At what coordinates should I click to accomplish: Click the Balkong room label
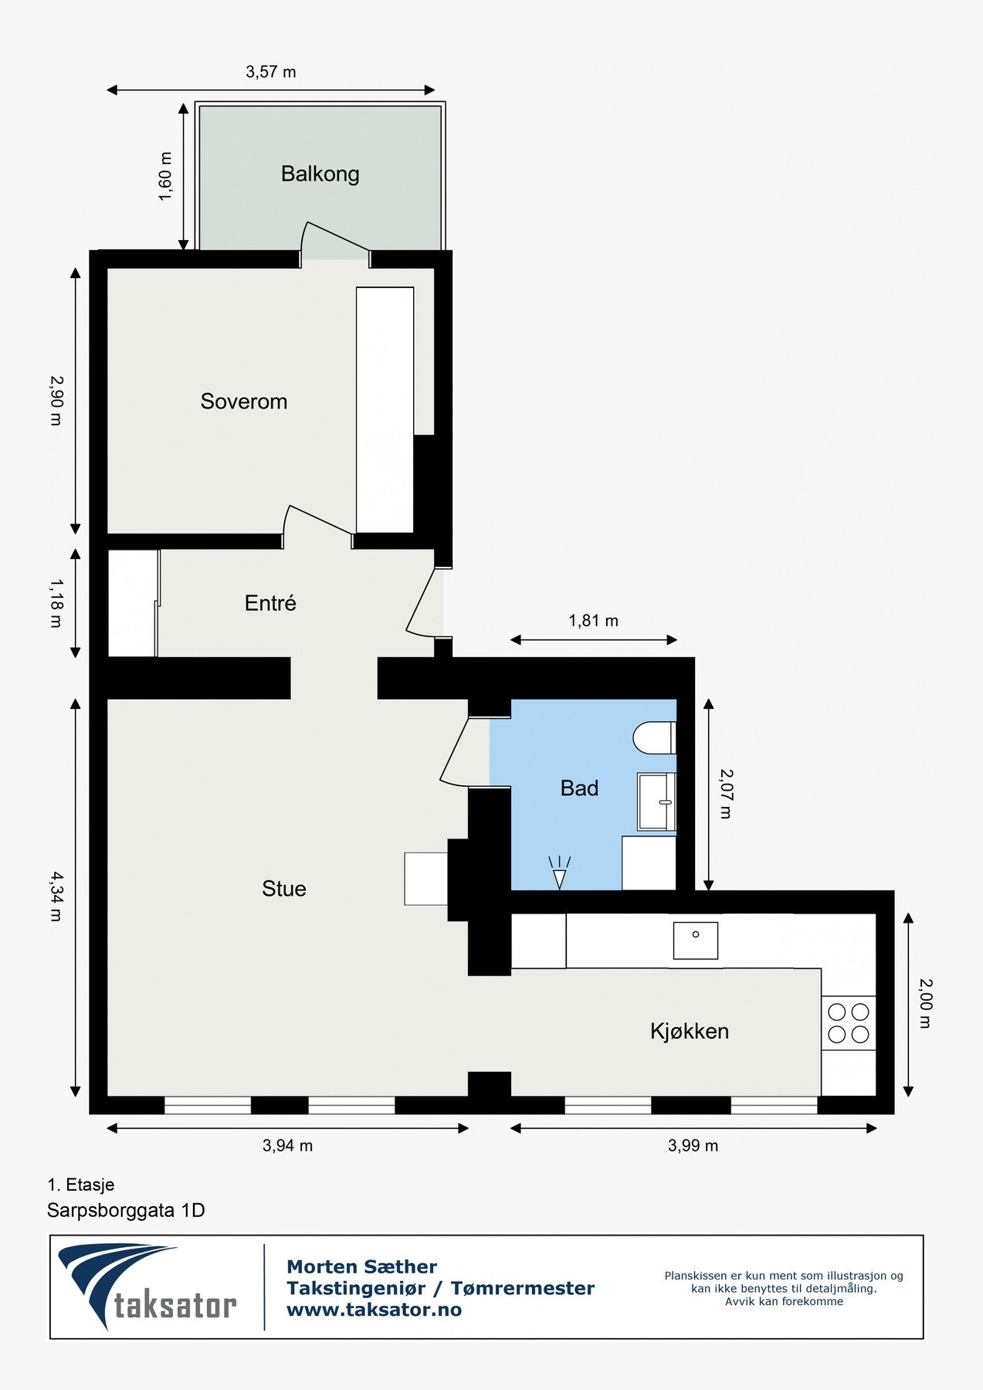[x=320, y=174]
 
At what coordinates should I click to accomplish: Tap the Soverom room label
[x=243, y=402]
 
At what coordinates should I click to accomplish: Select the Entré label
[x=270, y=603]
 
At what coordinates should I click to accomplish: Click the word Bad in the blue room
[x=579, y=788]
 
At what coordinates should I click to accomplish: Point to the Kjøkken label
[x=689, y=1032]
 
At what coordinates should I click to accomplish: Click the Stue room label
[x=283, y=889]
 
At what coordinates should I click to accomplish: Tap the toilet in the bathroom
[x=655, y=738]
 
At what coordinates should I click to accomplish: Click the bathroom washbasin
[x=656, y=802]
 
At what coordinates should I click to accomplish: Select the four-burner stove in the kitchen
[x=848, y=1023]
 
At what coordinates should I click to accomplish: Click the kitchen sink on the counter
[x=695, y=941]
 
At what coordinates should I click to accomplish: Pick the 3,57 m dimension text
[x=270, y=72]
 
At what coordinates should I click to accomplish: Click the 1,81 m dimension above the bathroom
[x=593, y=621]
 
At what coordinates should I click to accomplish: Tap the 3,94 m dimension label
[x=287, y=1146]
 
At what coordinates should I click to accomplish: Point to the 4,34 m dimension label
[x=56, y=897]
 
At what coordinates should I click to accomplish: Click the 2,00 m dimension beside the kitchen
[x=925, y=1003]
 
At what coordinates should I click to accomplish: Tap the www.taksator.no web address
[x=374, y=1310]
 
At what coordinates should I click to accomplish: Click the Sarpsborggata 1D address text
[x=126, y=1210]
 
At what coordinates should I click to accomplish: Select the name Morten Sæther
[x=361, y=1267]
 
